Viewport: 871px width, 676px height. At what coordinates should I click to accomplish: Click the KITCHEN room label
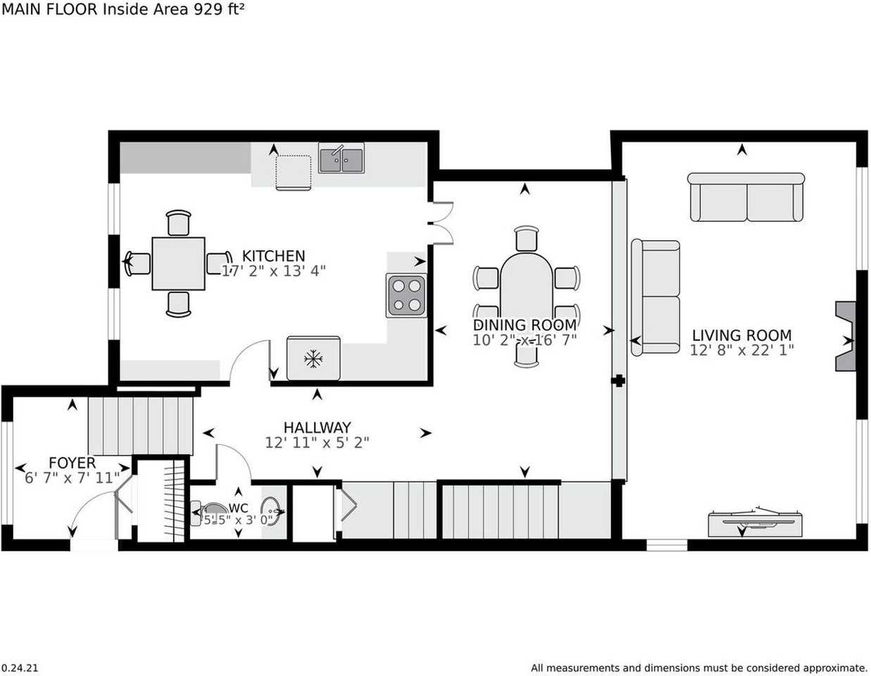click(x=273, y=256)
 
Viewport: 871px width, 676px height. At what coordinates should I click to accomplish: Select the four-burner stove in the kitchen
click(x=406, y=296)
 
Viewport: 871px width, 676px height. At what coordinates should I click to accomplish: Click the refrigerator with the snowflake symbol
click(x=313, y=358)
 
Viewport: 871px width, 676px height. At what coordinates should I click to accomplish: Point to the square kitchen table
click(x=178, y=263)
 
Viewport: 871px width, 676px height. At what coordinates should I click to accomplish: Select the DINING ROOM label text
click(x=525, y=325)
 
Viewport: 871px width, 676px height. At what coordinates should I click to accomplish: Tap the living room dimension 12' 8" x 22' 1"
click(x=741, y=351)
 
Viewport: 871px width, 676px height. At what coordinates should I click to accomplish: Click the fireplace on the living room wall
click(x=845, y=337)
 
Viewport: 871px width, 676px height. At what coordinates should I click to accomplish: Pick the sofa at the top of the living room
click(x=746, y=196)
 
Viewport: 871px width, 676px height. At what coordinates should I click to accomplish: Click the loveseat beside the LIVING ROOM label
click(x=656, y=297)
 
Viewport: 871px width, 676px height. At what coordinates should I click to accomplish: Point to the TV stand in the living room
click(x=755, y=525)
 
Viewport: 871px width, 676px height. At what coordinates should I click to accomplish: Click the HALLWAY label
click(x=317, y=427)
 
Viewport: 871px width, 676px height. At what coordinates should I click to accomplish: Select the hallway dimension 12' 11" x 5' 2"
click(x=317, y=443)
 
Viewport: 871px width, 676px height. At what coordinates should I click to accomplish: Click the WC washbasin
click(x=271, y=511)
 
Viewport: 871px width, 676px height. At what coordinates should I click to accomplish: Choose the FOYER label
click(x=72, y=463)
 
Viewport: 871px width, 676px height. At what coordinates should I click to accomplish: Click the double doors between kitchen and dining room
click(x=441, y=223)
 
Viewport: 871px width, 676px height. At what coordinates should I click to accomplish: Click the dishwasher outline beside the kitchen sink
click(x=294, y=173)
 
